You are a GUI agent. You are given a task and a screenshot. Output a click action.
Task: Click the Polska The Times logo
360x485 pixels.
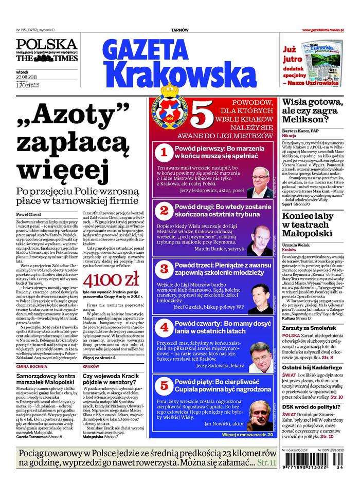click(47, 51)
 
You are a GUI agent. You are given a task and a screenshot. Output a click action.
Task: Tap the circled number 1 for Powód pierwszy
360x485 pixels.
click(164, 152)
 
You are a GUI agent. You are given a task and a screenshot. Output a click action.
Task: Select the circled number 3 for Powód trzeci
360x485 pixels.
click(164, 268)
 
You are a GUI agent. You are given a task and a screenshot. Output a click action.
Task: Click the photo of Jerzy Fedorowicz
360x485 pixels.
click(264, 180)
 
